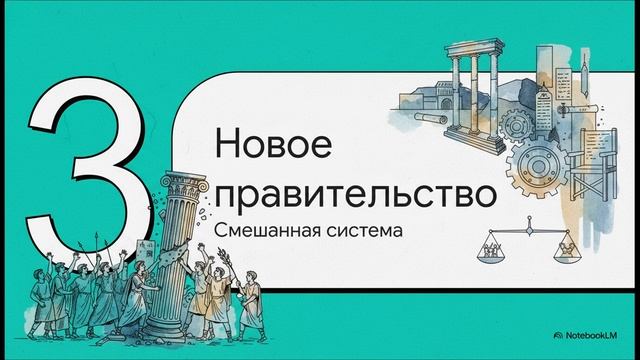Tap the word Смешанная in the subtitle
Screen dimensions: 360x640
pos(266,230)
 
